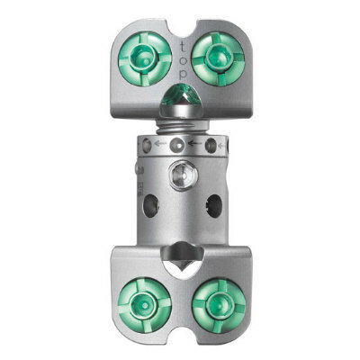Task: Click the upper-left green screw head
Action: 145,58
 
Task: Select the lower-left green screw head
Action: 145,304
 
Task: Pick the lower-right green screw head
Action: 219,305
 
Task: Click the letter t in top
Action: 183,47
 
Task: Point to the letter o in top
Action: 184,60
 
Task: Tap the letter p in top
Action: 183,75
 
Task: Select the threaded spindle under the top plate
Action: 183,127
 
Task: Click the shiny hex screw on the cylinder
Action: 183,175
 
